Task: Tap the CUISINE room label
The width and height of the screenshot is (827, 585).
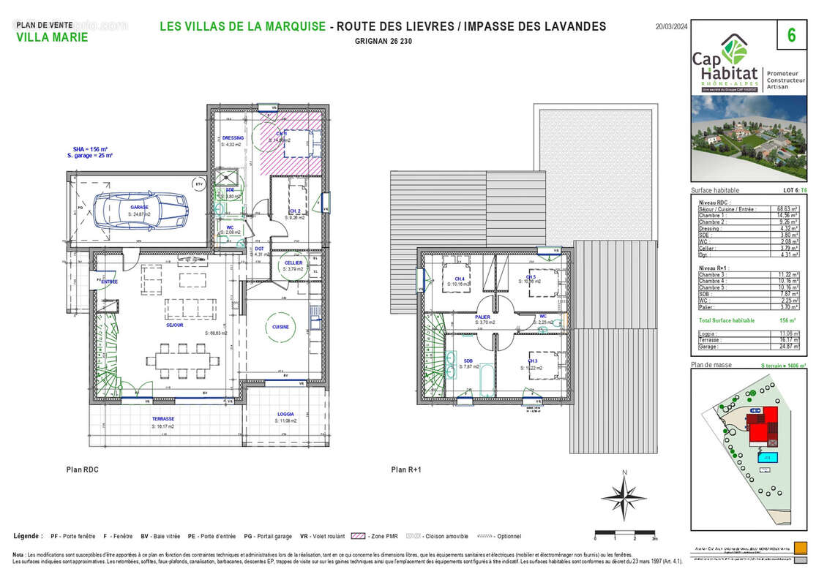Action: (280, 327)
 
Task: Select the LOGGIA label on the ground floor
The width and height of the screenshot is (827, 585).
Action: (285, 414)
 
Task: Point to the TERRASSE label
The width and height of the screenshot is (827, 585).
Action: (162, 420)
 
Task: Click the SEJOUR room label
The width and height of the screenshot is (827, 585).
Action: (174, 325)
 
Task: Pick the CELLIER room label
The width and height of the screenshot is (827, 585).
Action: (293, 263)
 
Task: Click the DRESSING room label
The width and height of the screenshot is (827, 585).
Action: (233, 137)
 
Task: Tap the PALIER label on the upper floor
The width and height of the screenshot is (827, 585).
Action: (482, 317)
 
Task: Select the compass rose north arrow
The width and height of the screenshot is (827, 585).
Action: (624, 495)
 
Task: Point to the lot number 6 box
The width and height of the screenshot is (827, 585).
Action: (791, 35)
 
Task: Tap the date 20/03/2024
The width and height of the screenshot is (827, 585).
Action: (670, 26)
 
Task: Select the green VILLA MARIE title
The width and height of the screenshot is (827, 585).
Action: (51, 37)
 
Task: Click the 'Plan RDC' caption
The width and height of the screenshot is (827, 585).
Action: (81, 470)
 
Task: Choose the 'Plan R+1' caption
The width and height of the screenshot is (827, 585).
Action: (407, 470)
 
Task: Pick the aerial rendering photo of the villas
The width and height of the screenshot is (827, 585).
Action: (749, 138)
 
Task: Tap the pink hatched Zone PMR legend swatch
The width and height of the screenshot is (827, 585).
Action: (358, 536)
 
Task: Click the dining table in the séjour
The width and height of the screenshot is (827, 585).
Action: (183, 360)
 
